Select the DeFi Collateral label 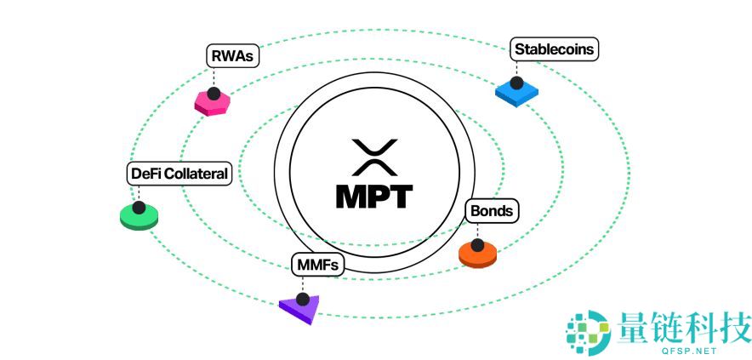pos(179,174)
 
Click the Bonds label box pos(492,210)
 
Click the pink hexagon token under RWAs pos(213,102)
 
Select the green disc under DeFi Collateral pos(139,216)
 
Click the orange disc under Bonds pos(477,254)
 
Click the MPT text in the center pos(373,197)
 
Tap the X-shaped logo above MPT pos(374,157)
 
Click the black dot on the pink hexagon pos(214,93)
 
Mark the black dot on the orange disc pos(477,245)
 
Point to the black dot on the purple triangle pos(302,300)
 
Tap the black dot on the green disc pos(139,207)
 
